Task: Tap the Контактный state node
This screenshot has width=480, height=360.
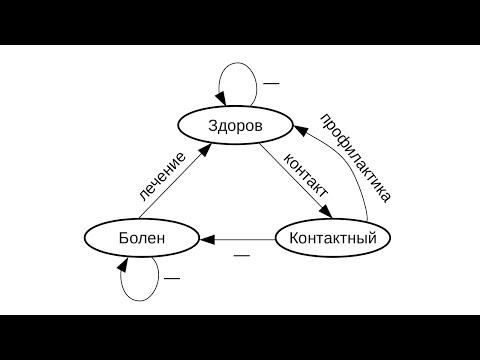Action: point(332,239)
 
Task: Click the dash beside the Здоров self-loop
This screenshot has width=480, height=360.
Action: point(270,81)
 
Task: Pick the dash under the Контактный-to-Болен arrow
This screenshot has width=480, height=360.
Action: point(241,256)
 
